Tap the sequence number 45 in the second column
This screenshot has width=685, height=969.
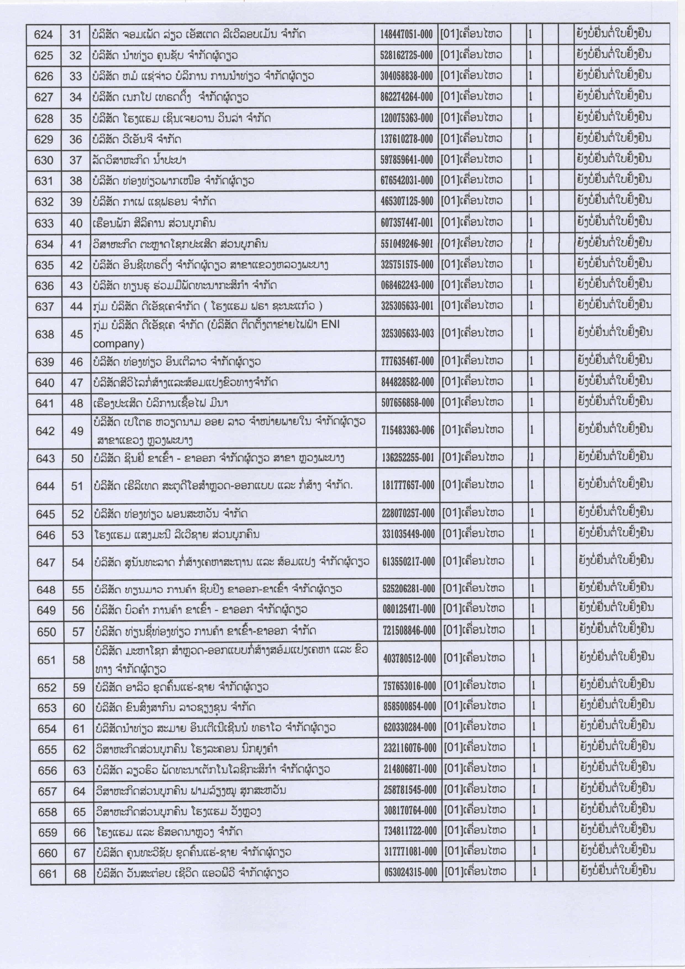pyautogui.click(x=76, y=334)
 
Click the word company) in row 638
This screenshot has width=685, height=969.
pyautogui.click(x=118, y=344)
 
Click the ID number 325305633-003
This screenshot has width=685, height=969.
pyautogui.click(x=407, y=333)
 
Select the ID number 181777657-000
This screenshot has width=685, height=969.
pyautogui.click(x=408, y=485)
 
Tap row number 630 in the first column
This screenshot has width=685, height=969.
pyautogui.click(x=44, y=160)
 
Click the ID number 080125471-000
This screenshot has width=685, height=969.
pyautogui.click(x=409, y=609)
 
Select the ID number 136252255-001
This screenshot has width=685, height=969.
pyautogui.click(x=408, y=458)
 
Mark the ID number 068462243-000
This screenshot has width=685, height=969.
pyautogui.click(x=407, y=285)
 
